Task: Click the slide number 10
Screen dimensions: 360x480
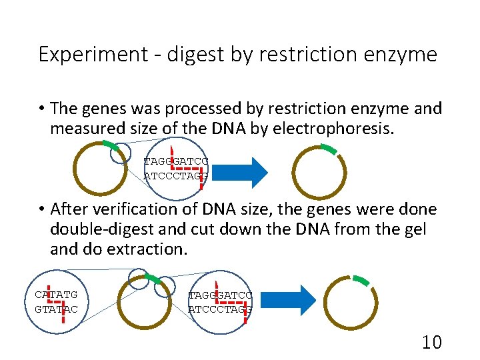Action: coord(432,343)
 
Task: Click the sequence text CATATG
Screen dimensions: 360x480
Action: coord(56,294)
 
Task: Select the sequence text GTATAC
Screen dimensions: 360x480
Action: coord(56,309)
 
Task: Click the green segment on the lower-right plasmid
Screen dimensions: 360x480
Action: coord(361,279)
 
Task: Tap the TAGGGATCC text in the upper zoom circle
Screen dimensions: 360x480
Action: coord(176,161)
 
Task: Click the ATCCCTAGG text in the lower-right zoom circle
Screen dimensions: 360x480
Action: coord(220,309)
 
